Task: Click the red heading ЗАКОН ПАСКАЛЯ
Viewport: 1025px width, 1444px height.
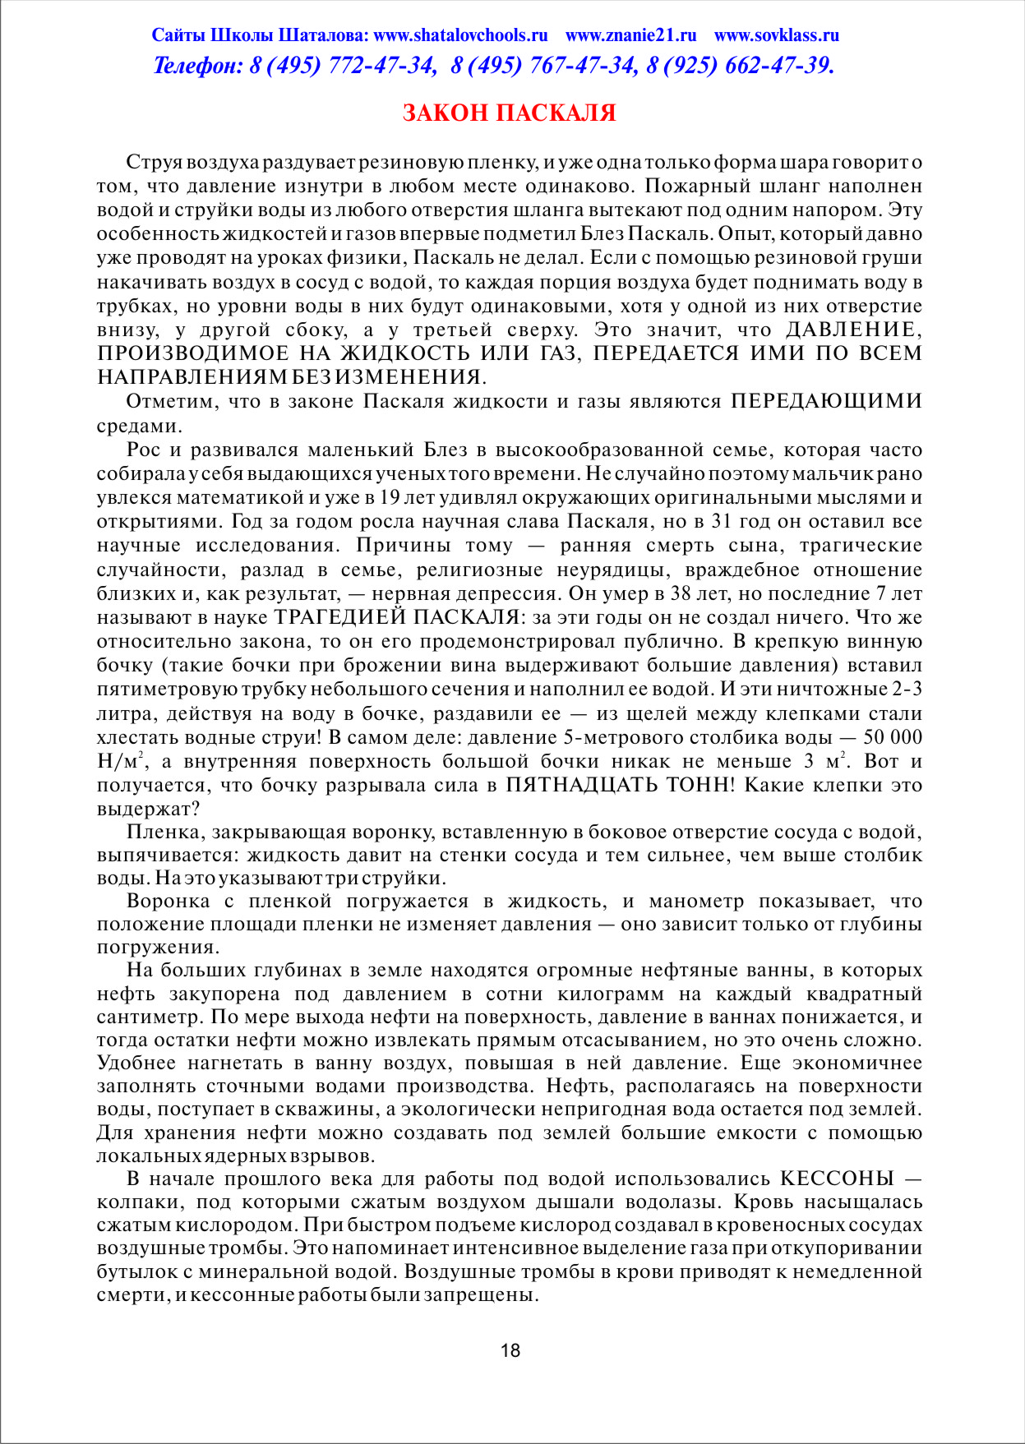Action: (509, 113)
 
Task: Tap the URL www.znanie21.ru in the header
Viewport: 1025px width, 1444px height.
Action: (630, 35)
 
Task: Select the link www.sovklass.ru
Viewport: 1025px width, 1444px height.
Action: (776, 35)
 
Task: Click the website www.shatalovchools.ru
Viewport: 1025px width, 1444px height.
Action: (460, 35)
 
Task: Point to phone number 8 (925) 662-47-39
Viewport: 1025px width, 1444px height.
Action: (740, 66)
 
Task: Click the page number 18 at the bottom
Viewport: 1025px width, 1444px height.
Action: (510, 1350)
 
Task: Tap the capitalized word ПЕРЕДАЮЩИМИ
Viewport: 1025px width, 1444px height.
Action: (826, 401)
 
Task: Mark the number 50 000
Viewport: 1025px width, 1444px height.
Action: (893, 736)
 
